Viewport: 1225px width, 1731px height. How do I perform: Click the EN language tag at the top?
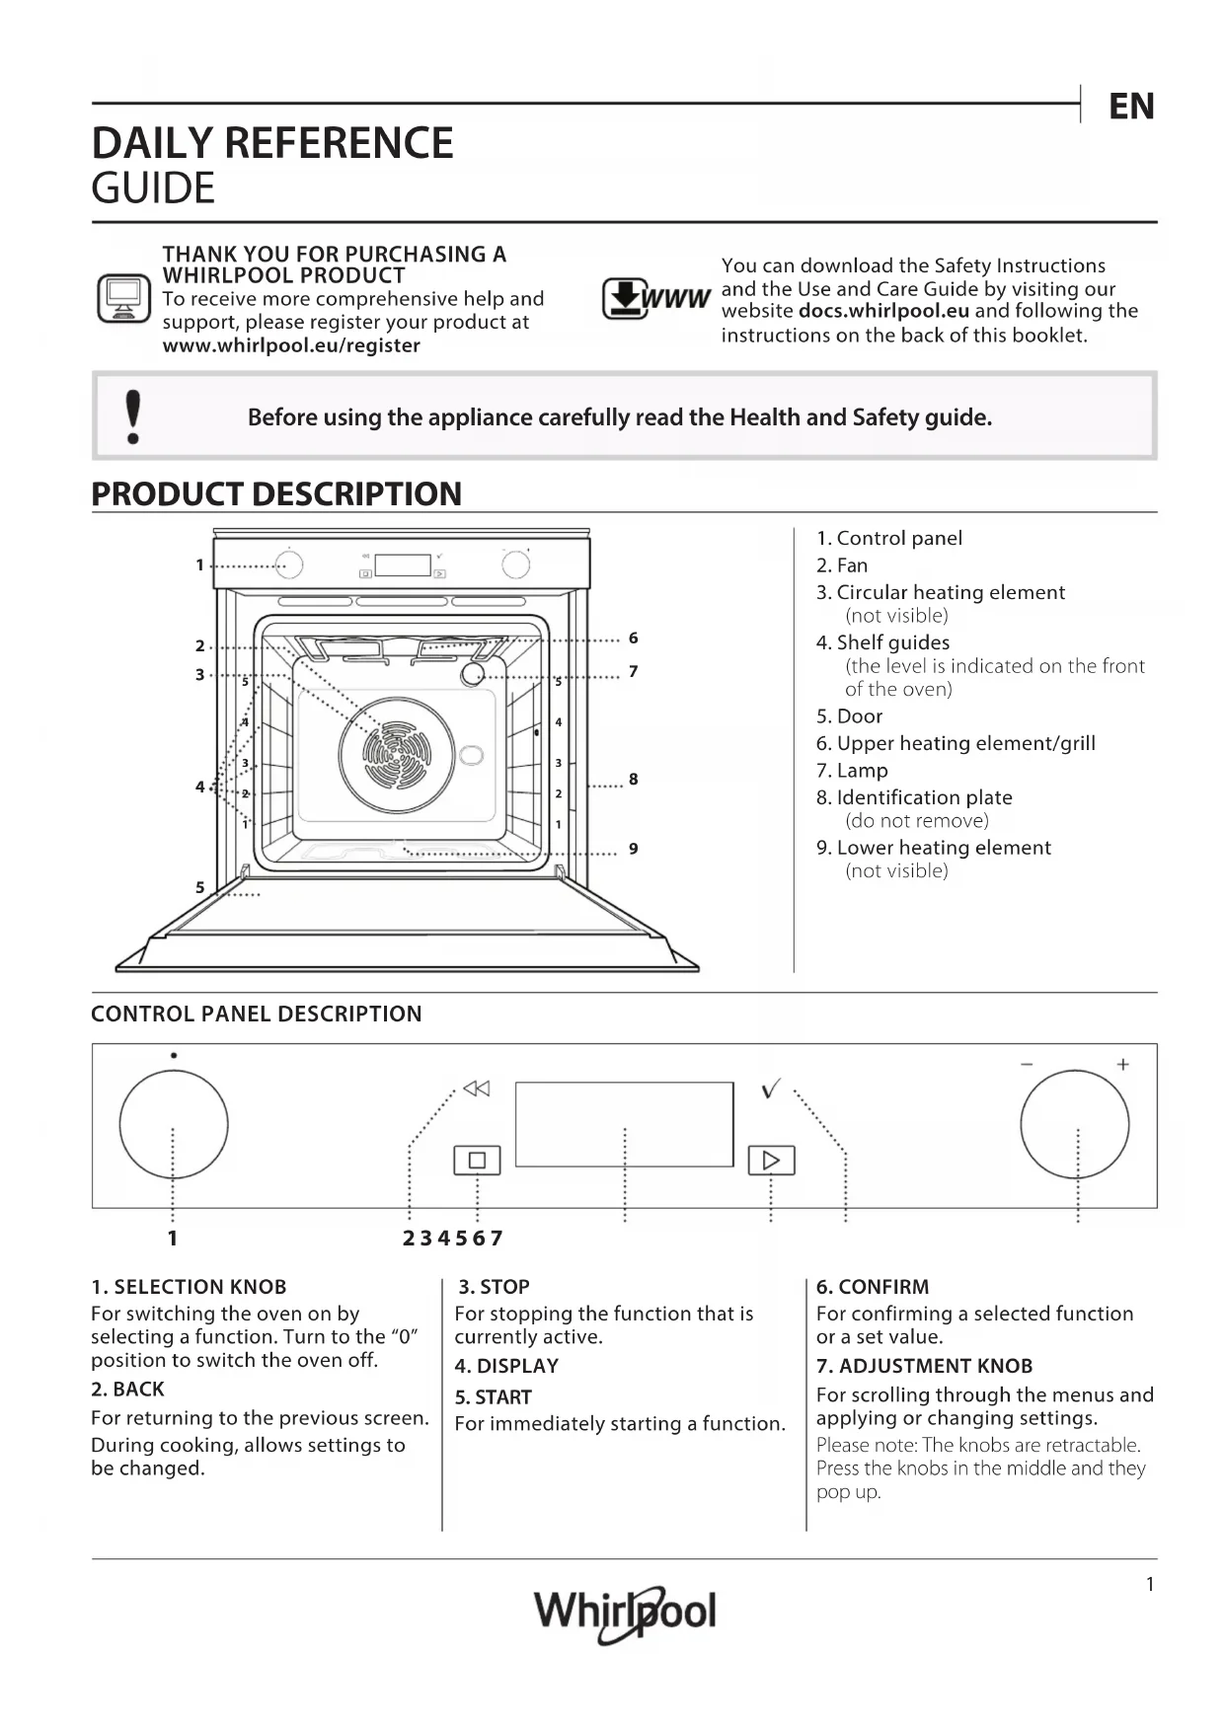click(x=1130, y=107)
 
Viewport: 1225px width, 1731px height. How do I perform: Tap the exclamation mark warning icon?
click(x=133, y=416)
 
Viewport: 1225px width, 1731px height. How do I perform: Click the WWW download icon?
click(x=655, y=299)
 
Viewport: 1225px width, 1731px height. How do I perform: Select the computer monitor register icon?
click(x=123, y=298)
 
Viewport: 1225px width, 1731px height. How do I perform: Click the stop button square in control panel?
click(x=477, y=1161)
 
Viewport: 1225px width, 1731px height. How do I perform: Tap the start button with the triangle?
click(x=771, y=1161)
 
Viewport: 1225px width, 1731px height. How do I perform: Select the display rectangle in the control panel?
click(x=624, y=1124)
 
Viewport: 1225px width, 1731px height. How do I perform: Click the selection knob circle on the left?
click(x=174, y=1124)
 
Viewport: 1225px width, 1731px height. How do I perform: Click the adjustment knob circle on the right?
click(x=1074, y=1124)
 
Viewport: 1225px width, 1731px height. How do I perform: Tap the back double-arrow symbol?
click(x=477, y=1089)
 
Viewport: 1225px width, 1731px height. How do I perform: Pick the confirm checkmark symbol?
click(x=771, y=1089)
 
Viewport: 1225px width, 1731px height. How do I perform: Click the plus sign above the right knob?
click(x=1122, y=1064)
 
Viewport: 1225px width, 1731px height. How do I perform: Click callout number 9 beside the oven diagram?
click(x=633, y=849)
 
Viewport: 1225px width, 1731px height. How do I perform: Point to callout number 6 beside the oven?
click(x=633, y=639)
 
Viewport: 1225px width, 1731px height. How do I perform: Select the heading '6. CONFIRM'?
click(x=873, y=1287)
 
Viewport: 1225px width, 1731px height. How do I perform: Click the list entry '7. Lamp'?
click(x=852, y=771)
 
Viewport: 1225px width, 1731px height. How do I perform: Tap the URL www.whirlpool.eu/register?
click(x=291, y=346)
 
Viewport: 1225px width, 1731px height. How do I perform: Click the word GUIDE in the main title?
click(x=153, y=188)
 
